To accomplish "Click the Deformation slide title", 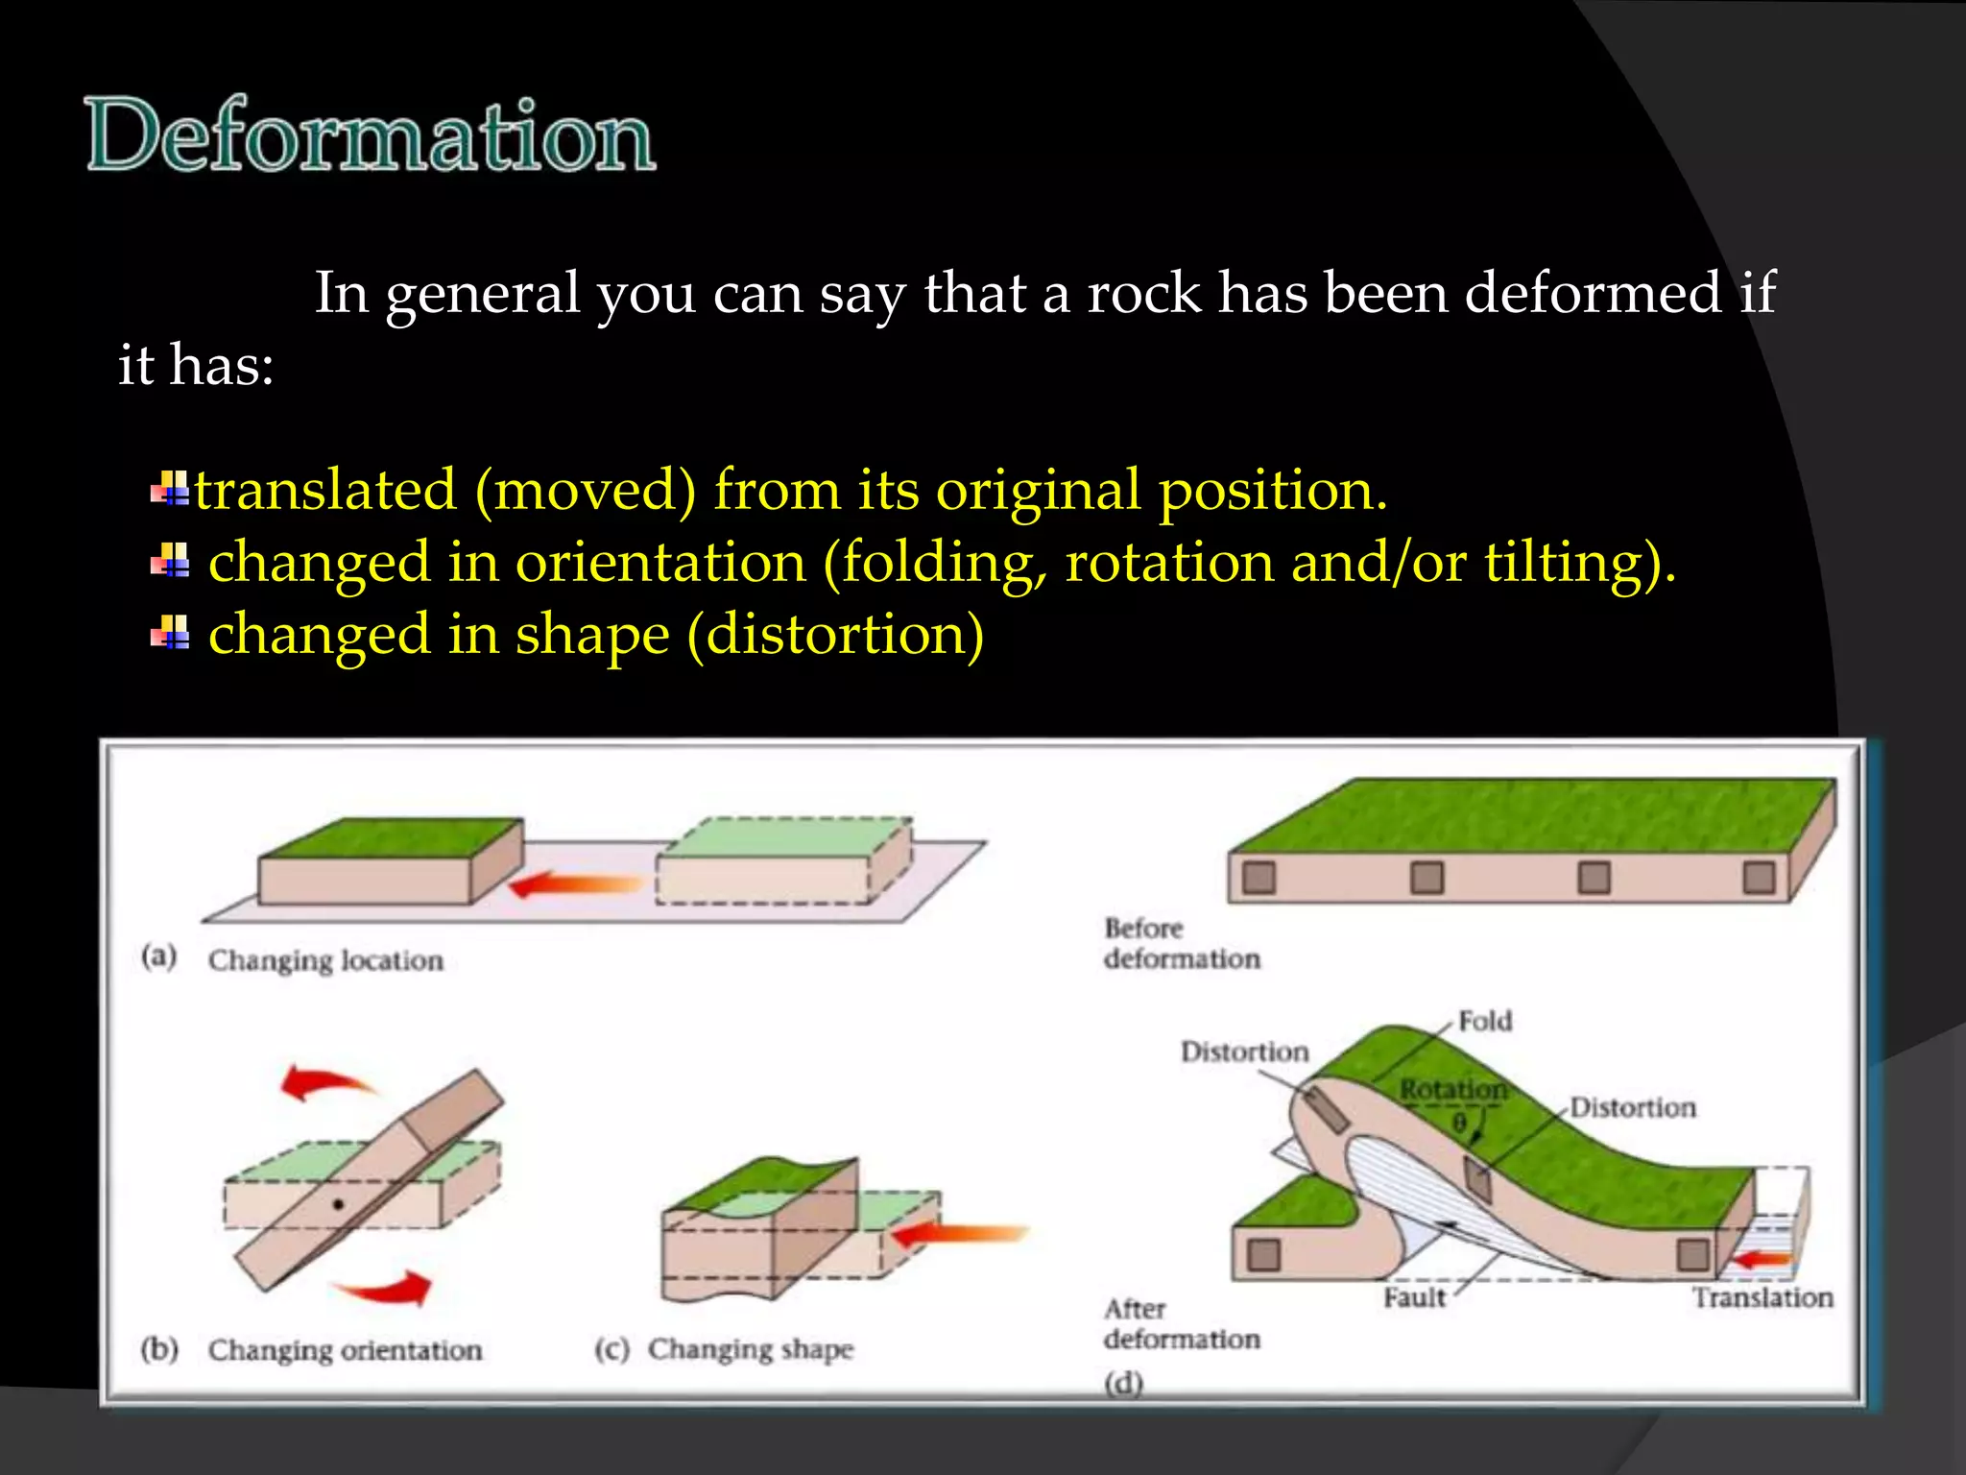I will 371,135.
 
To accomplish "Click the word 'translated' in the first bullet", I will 325,491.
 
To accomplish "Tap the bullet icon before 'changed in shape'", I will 170,633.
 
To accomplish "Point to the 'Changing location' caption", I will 325,960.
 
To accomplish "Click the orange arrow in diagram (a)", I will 574,884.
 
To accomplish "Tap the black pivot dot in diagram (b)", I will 338,1204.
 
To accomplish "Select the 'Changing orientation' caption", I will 345,1350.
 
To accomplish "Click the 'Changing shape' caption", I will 750,1349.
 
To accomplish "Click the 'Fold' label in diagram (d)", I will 1484,1021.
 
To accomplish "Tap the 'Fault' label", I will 1414,1298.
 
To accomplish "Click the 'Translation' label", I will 1762,1298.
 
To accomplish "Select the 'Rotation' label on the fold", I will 1452,1090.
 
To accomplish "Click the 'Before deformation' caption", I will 1181,943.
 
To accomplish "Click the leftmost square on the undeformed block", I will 1259,878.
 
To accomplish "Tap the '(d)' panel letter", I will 1123,1384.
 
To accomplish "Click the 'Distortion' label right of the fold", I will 1632,1108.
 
